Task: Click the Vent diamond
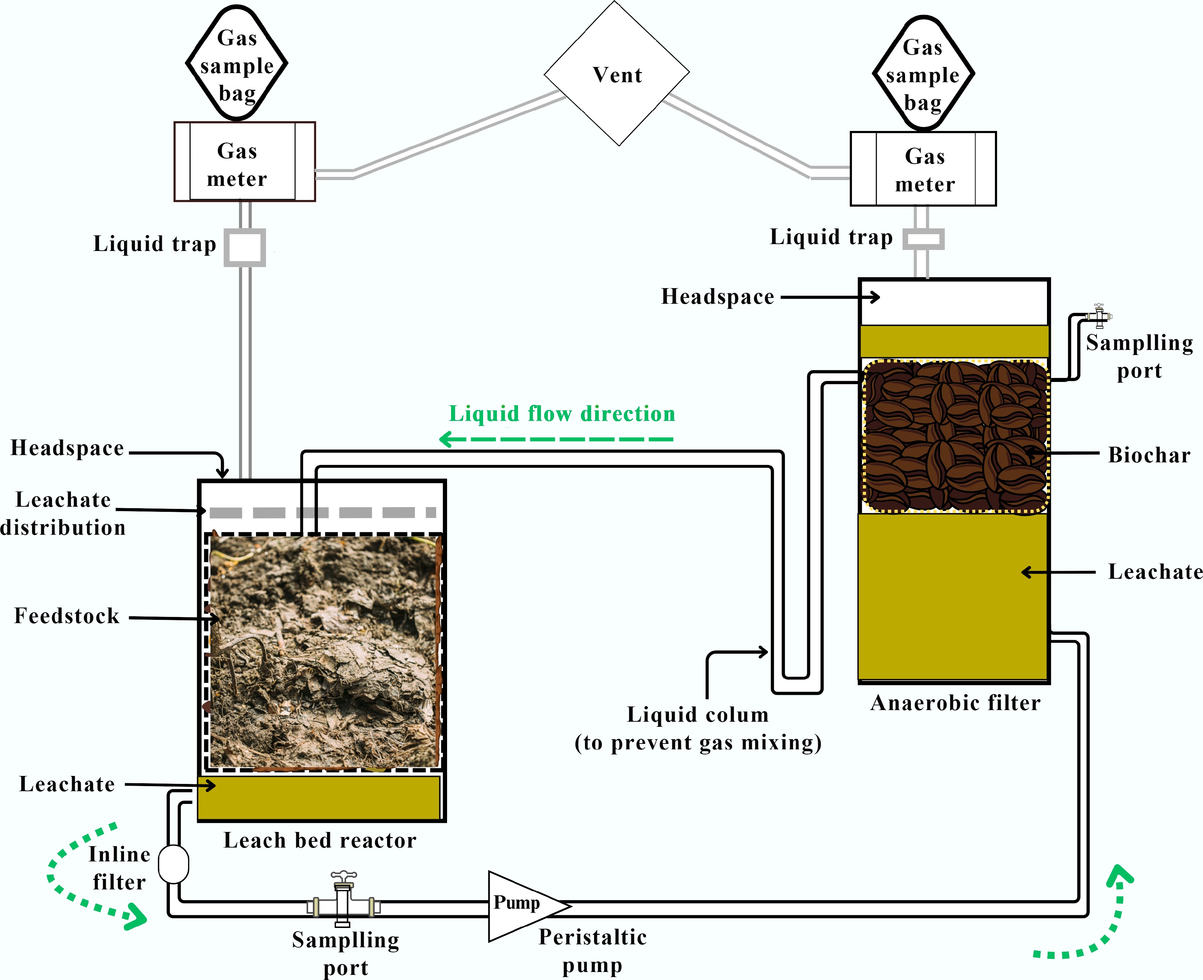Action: pyautogui.click(x=617, y=73)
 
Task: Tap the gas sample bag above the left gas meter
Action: pyautogui.click(x=237, y=64)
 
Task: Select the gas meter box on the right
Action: pyautogui.click(x=924, y=169)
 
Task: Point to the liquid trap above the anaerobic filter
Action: pyautogui.click(x=923, y=239)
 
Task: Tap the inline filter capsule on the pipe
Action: pyautogui.click(x=173, y=864)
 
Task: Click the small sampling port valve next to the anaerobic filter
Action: pyautogui.click(x=1099, y=316)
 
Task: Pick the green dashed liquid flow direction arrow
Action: pyautogui.click(x=556, y=439)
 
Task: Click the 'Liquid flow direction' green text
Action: pyautogui.click(x=562, y=414)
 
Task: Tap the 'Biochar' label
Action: pyautogui.click(x=1149, y=455)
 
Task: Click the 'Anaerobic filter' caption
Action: pyautogui.click(x=955, y=703)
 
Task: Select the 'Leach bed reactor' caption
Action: pyautogui.click(x=319, y=841)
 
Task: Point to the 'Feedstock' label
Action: pyautogui.click(x=67, y=616)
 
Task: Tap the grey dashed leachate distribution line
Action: pyautogui.click(x=322, y=513)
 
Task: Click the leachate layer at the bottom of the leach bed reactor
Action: pyautogui.click(x=319, y=798)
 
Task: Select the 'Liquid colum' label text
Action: pyautogui.click(x=698, y=715)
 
